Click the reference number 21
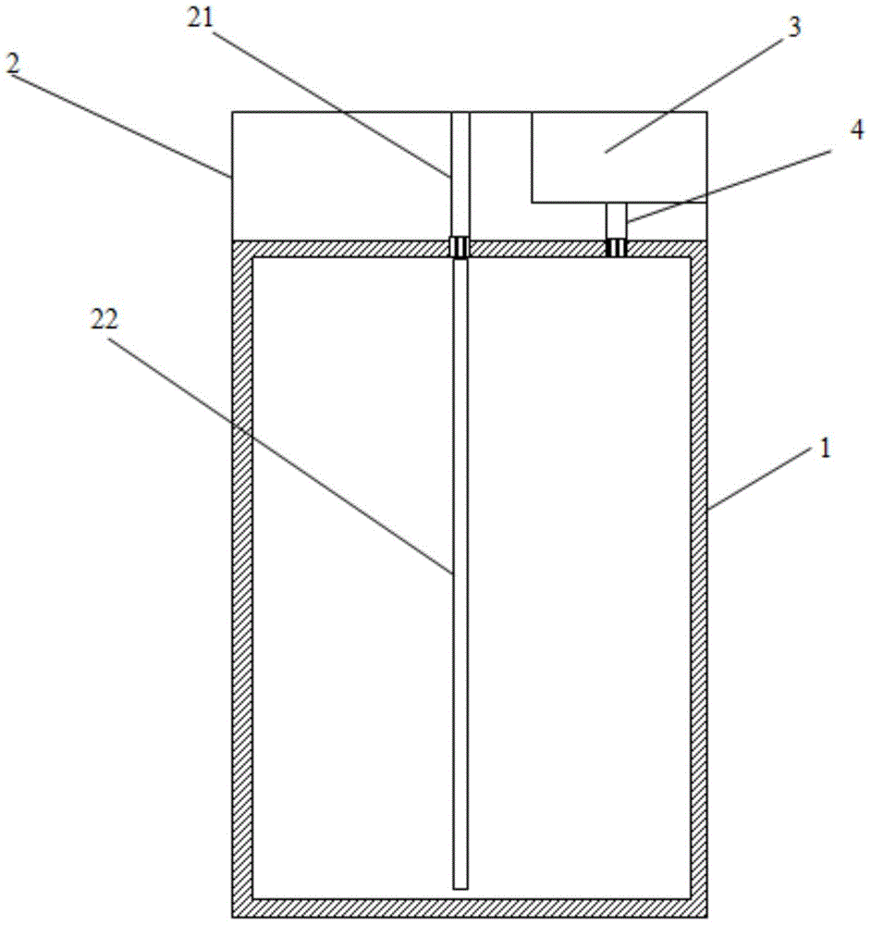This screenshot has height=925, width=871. coord(200,18)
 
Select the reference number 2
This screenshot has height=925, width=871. coord(12,63)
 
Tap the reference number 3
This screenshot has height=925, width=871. coord(794,27)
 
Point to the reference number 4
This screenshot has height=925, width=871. coord(857,129)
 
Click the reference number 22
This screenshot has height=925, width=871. coord(104,319)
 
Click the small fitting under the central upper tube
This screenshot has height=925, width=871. coord(460,247)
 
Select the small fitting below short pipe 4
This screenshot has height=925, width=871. coord(616,247)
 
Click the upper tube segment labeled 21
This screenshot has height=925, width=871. coord(460,175)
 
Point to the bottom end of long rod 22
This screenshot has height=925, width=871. coord(460,888)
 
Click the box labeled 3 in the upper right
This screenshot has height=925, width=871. coord(620,157)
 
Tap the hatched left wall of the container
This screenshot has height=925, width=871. coord(242,578)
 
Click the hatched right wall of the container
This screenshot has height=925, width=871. coord(698,578)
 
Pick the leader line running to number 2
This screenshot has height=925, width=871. coord(120,125)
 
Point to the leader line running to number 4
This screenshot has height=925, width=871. coord(728,187)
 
